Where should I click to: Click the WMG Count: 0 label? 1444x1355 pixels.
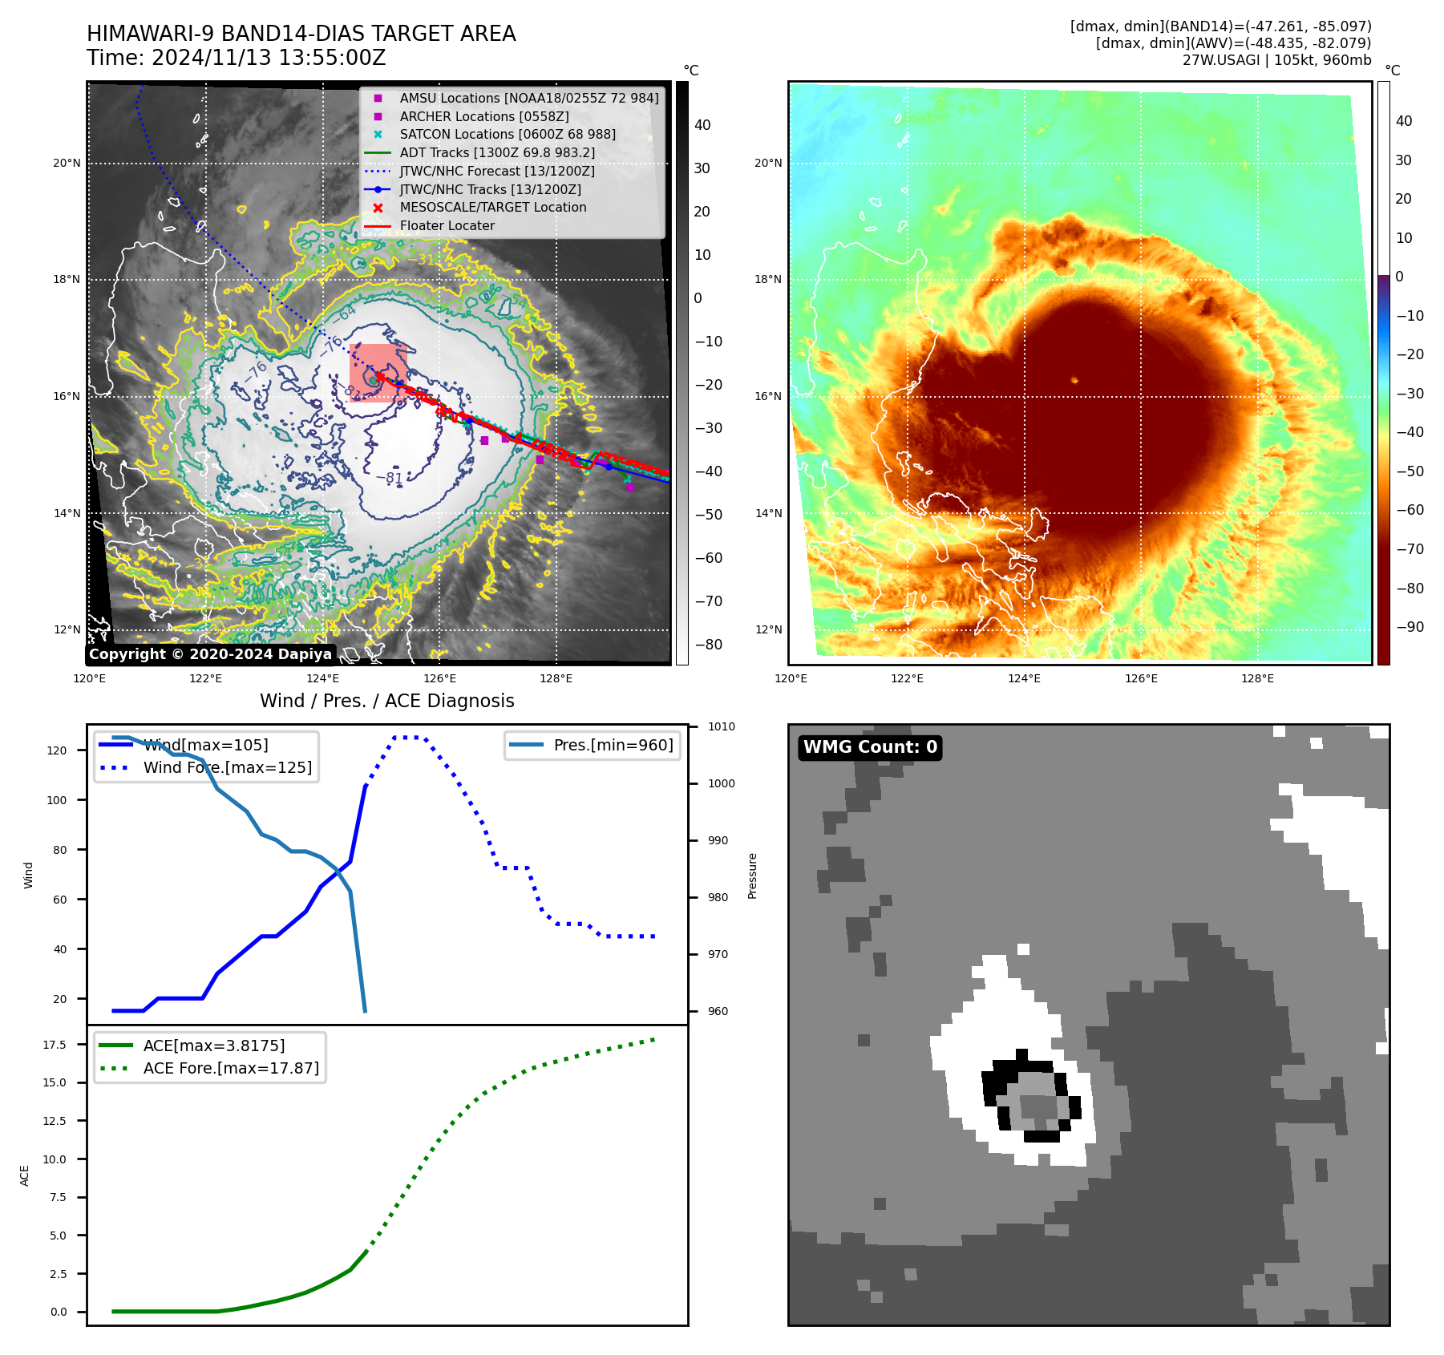tap(870, 747)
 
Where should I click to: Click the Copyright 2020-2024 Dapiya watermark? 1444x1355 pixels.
tap(210, 654)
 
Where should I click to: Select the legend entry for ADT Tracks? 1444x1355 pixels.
tap(497, 152)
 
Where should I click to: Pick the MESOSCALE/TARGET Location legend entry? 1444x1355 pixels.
tap(493, 207)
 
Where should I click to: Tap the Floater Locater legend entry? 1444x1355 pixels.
tap(447, 225)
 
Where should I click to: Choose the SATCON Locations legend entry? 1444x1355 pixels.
tap(508, 134)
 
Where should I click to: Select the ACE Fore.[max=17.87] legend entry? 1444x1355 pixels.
tap(231, 1068)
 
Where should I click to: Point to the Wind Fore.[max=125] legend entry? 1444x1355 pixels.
tap(228, 767)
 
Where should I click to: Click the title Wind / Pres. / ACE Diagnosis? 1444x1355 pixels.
tap(387, 701)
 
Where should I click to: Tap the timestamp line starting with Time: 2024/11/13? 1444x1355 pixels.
tap(237, 58)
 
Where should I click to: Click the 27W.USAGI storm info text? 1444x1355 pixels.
tap(1276, 60)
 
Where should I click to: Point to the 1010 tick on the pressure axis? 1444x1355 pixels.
tap(721, 726)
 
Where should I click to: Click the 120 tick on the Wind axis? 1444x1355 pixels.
tap(57, 750)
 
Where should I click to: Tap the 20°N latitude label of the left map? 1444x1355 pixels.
tap(67, 164)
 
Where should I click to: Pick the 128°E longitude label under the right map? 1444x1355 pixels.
tap(1257, 678)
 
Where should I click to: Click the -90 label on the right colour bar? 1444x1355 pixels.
tap(1410, 627)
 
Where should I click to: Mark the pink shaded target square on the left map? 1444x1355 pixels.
tap(378, 372)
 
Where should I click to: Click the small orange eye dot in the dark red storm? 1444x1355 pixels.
tap(1074, 380)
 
